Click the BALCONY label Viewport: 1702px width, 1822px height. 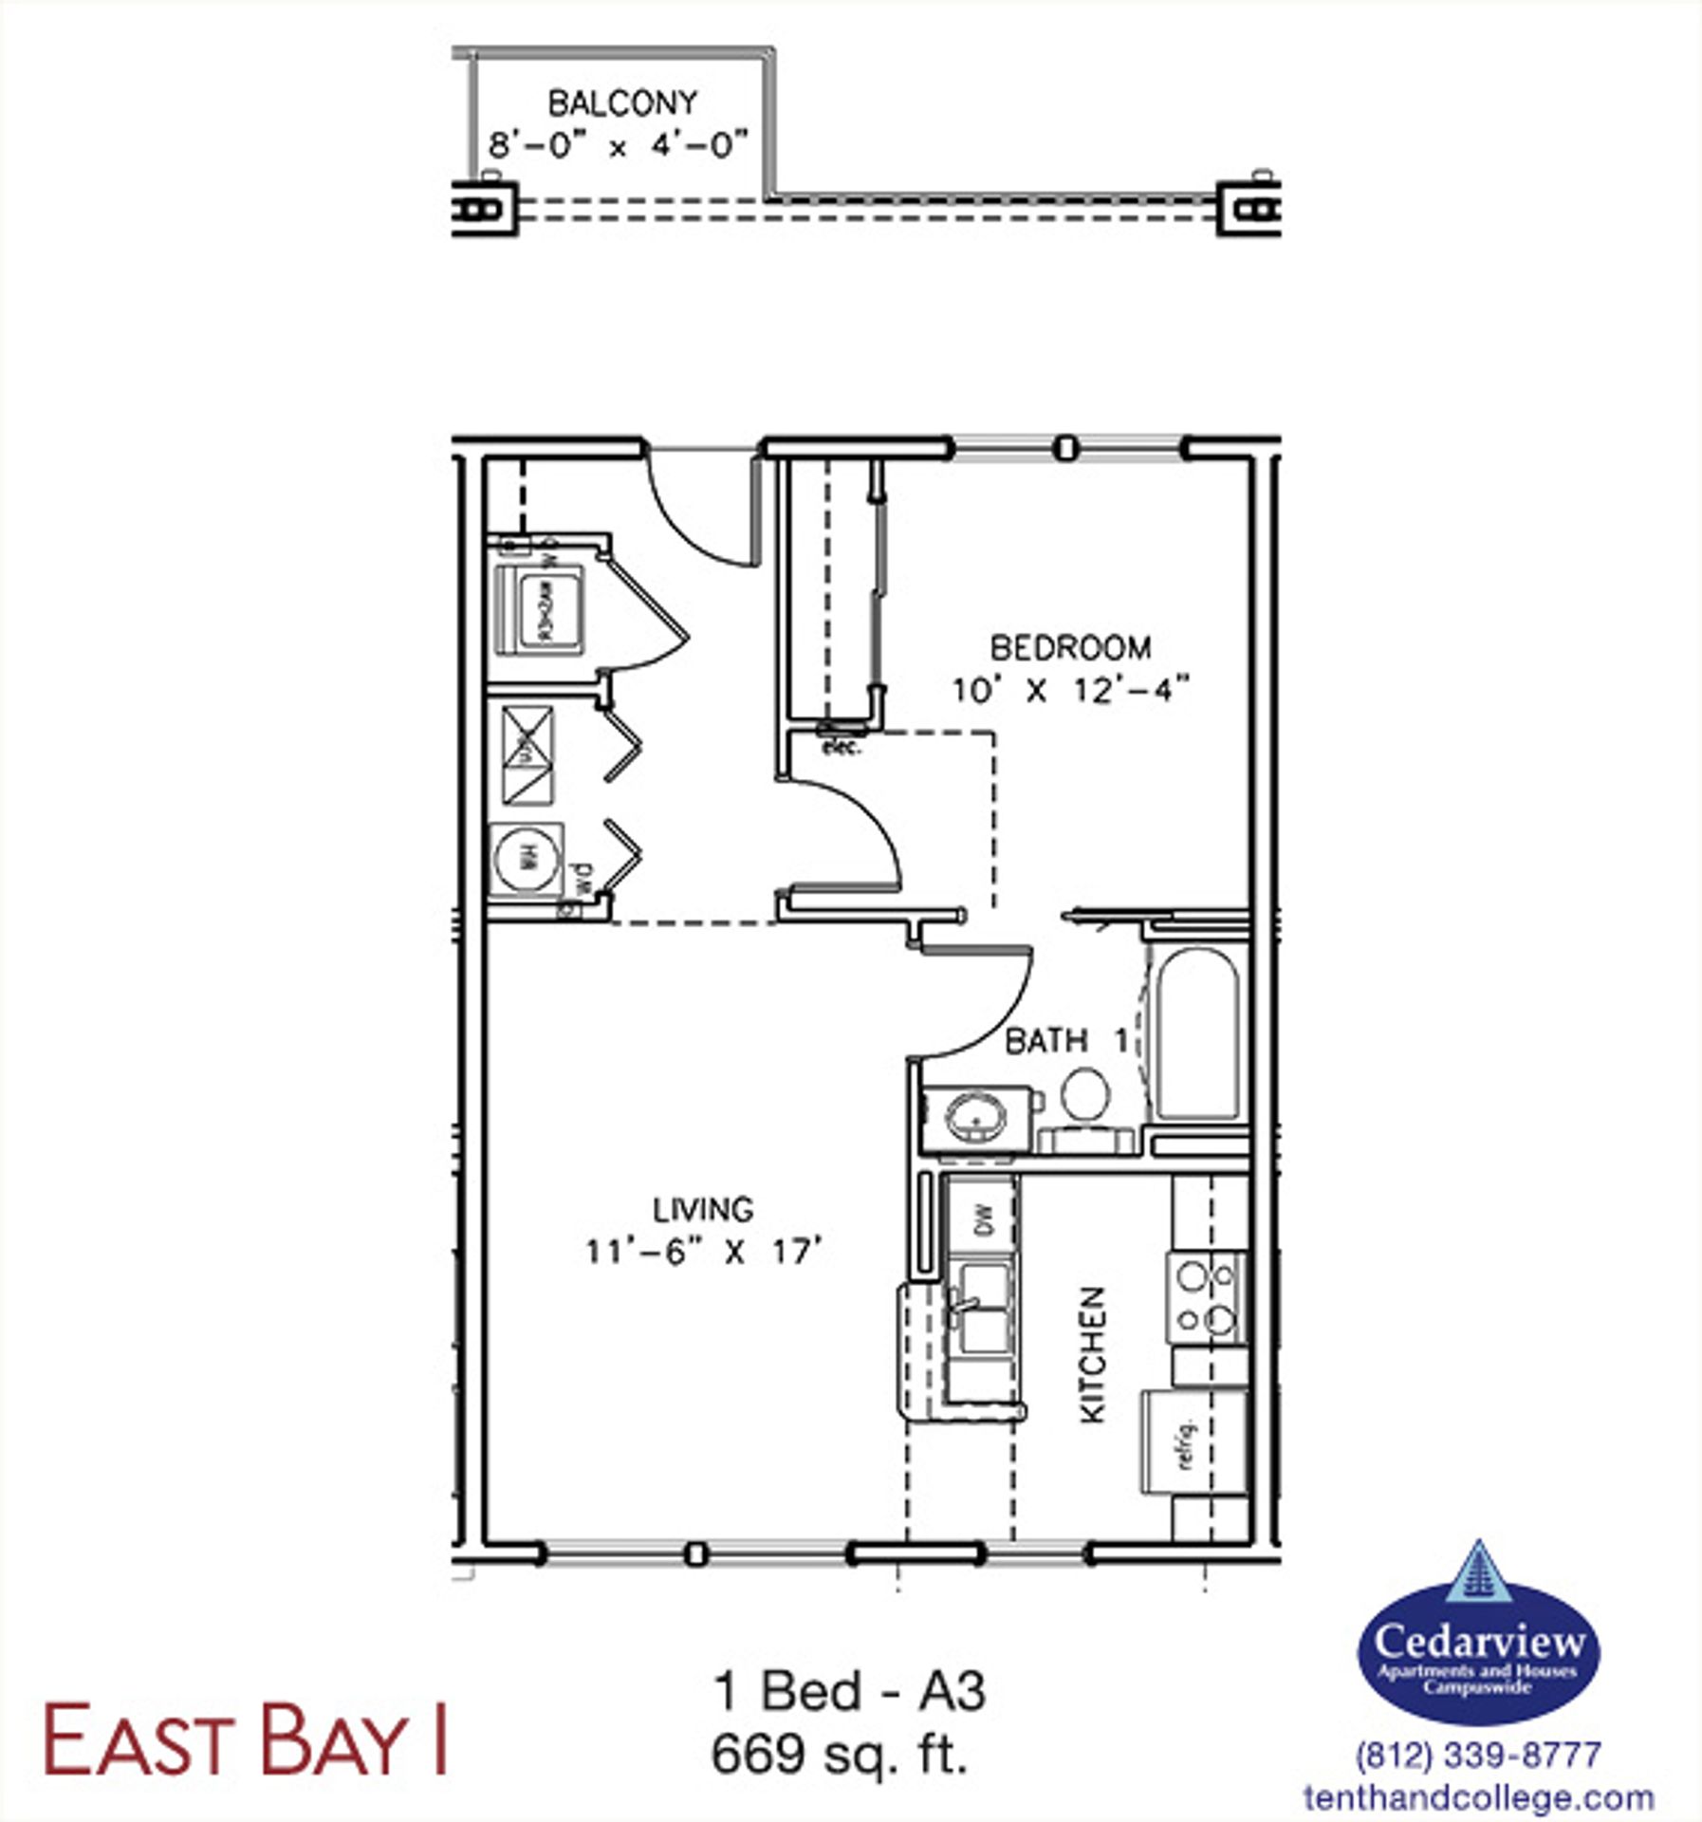(622, 102)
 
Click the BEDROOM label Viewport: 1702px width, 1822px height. (1070, 648)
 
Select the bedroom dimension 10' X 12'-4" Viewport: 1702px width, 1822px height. (1070, 691)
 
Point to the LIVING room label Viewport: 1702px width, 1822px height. (703, 1209)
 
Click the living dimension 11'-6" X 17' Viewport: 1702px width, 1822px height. (703, 1252)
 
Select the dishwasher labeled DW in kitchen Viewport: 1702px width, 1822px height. (982, 1218)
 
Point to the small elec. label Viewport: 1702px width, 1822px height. (841, 748)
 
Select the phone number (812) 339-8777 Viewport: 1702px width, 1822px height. (1478, 1755)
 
